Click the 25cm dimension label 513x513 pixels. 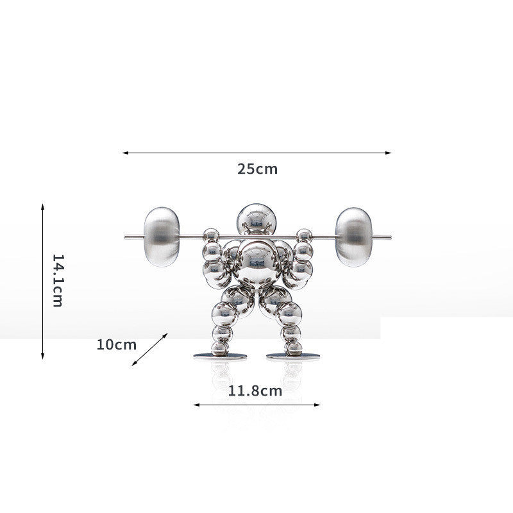(x=257, y=169)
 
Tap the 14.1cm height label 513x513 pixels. (x=57, y=280)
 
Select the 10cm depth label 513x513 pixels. (x=116, y=344)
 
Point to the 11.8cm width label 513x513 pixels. (x=255, y=391)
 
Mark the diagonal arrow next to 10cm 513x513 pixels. (x=150, y=349)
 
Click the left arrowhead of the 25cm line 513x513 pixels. (x=124, y=153)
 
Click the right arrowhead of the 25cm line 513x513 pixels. (x=389, y=153)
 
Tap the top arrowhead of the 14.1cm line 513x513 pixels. (x=43, y=206)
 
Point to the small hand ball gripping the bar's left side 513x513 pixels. (x=209, y=235)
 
